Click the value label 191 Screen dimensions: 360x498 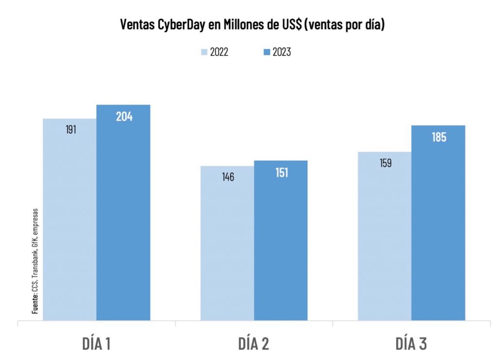pos(71,130)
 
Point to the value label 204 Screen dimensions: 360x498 pos(124,117)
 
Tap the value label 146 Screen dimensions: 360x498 pos(228,177)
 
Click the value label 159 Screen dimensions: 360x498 pos(385,163)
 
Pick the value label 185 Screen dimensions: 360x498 pos(439,137)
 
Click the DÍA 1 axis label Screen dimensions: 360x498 pos(96,344)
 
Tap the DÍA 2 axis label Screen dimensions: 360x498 pos(253,344)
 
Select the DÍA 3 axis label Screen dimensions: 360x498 pos(411,344)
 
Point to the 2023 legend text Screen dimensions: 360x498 pos(281,52)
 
